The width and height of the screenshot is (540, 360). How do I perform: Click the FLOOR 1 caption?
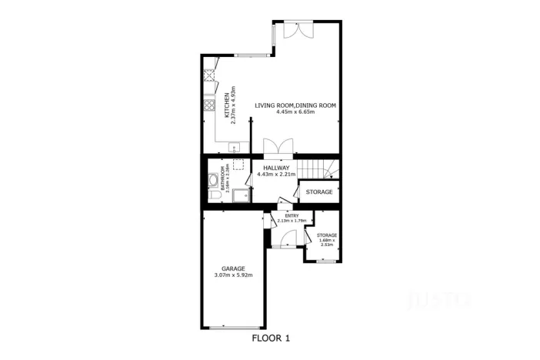pyautogui.click(x=271, y=338)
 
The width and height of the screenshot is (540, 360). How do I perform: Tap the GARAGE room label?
pyautogui.click(x=233, y=268)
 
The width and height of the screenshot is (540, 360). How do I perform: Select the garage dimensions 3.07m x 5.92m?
pyautogui.click(x=233, y=275)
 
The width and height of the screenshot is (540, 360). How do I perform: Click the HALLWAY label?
pyautogui.click(x=275, y=167)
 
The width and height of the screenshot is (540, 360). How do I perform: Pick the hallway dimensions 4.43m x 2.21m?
pyautogui.click(x=275, y=174)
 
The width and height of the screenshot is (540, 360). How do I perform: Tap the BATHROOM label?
pyautogui.click(x=222, y=178)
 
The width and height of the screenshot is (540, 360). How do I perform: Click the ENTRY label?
pyautogui.click(x=292, y=216)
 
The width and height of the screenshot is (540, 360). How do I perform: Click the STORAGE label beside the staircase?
pyautogui.click(x=319, y=192)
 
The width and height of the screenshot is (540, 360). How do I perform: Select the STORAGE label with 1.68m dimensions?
pyautogui.click(x=327, y=235)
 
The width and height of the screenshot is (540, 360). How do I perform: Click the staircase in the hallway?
pyautogui.click(x=317, y=168)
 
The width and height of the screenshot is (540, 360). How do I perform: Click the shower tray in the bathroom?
pyautogui.click(x=241, y=192)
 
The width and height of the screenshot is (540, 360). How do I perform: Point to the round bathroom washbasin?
pyautogui.click(x=212, y=182)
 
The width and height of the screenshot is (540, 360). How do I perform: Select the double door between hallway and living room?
pyautogui.click(x=277, y=147)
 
